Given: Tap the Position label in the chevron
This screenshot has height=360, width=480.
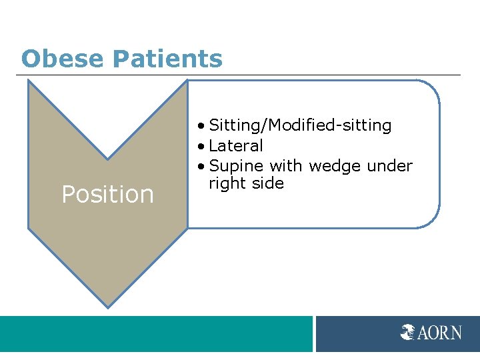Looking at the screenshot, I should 107,195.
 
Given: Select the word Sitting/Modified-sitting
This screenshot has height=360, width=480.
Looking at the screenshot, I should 300,125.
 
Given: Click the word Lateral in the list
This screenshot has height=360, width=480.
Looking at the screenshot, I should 236,145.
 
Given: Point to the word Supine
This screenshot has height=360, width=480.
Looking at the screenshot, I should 237,165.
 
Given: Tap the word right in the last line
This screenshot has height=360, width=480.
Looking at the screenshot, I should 227,183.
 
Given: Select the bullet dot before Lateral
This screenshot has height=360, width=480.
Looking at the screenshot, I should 202,146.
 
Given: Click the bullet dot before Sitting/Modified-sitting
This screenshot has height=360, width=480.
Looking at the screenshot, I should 202,126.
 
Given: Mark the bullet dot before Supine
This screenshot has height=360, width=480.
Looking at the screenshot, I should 202,166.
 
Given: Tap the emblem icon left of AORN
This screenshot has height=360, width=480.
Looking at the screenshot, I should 408,331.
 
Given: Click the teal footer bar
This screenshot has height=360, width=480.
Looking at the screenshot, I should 156,333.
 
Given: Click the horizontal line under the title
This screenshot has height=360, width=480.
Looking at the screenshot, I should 240,75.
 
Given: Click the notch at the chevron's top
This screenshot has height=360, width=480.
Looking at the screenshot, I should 107,159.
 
